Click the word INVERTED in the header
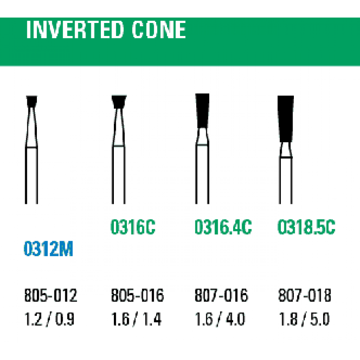click(75, 30)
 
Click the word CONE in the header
click(159, 30)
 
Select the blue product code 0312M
click(49, 248)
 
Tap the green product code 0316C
click(133, 227)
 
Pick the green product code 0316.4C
click(223, 227)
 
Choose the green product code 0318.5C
click(306, 227)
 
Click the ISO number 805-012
click(51, 295)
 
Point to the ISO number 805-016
click(138, 295)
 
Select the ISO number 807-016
click(221, 295)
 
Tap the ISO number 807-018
click(305, 295)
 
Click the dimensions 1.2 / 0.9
click(49, 319)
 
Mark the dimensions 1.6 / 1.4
click(136, 319)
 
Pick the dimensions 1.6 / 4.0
click(220, 319)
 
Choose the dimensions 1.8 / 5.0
click(304, 319)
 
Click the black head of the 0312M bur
click(31, 101)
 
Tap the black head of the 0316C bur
click(119, 102)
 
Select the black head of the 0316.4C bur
click(202, 111)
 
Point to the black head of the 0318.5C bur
click(286, 119)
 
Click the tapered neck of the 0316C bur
click(119, 127)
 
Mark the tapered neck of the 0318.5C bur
click(286, 150)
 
